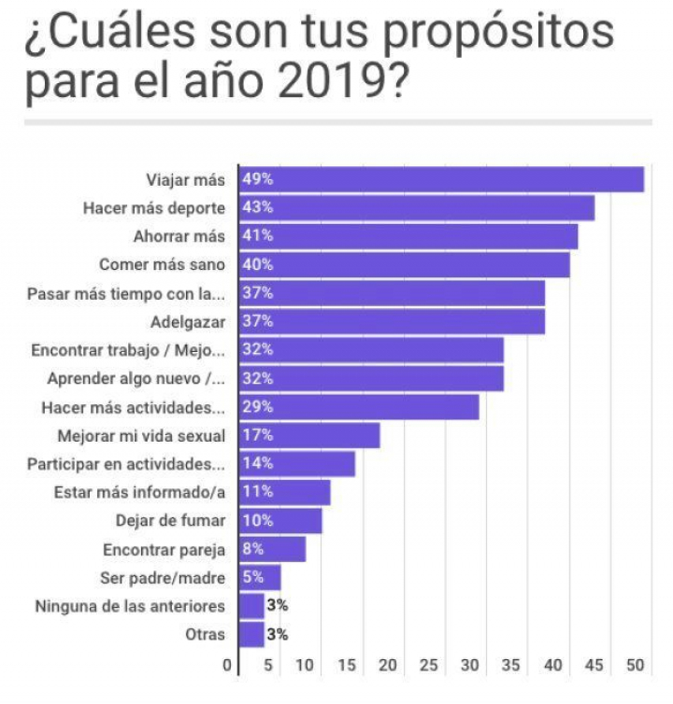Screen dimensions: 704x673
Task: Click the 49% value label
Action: pyautogui.click(x=257, y=179)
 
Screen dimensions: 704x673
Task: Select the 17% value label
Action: pyautogui.click(x=257, y=435)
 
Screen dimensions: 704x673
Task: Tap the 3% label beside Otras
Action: pyautogui.click(x=277, y=635)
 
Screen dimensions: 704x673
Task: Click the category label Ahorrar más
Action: pyautogui.click(x=186, y=236)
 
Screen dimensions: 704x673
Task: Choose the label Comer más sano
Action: pyautogui.click(x=176, y=265)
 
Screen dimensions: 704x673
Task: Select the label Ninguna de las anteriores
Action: pyautogui.click(x=130, y=606)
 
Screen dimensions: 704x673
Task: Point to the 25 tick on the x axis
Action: pyautogui.click(x=429, y=666)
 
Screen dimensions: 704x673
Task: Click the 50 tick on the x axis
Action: pyautogui.click(x=636, y=666)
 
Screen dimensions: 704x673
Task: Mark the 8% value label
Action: pyautogui.click(x=254, y=549)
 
